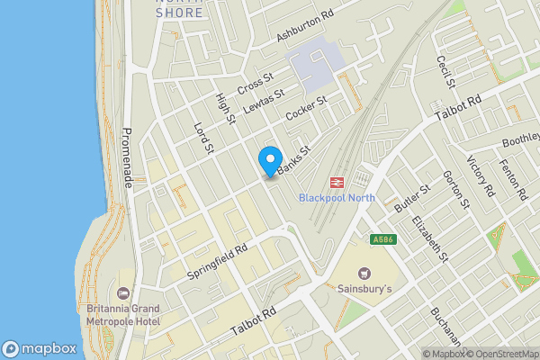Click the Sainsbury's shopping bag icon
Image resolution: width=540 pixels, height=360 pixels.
tap(364, 273)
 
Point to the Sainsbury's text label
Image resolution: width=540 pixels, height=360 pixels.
tap(364, 290)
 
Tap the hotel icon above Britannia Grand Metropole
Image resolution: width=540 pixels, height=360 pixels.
tap(123, 293)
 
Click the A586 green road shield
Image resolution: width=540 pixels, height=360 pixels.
tap(382, 239)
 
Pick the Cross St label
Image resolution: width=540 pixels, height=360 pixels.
tap(255, 85)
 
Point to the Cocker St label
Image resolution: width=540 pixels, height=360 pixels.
tap(304, 110)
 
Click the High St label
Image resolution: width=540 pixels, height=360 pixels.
tap(225, 109)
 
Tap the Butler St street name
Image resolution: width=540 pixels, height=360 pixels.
tap(408, 201)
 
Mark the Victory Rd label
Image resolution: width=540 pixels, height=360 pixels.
tap(481, 176)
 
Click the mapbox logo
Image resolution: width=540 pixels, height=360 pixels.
tap(39, 348)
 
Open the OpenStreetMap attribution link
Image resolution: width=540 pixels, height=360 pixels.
tap(499, 354)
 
